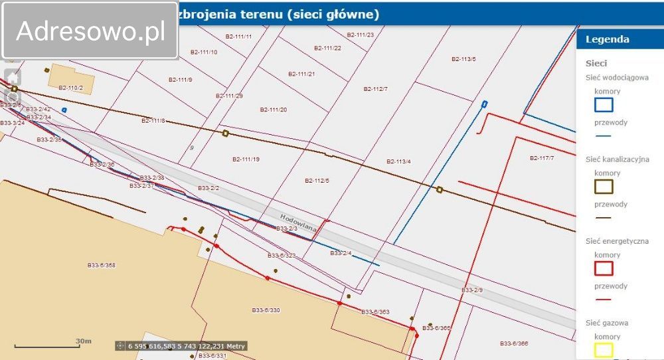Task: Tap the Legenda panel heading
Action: pyautogui.click(x=607, y=39)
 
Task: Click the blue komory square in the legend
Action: pyautogui.click(x=604, y=104)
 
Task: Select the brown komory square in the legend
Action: pyautogui.click(x=604, y=187)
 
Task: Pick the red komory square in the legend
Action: pyautogui.click(x=604, y=268)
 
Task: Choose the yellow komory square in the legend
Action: pyautogui.click(x=604, y=349)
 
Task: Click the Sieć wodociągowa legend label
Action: pyautogui.click(x=617, y=78)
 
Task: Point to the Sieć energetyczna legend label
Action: pyautogui.click(x=617, y=241)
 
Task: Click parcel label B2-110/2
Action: pyautogui.click(x=70, y=88)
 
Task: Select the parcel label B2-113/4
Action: pyautogui.click(x=398, y=161)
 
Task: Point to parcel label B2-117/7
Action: pyautogui.click(x=542, y=158)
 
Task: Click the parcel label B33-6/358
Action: pyautogui.click(x=101, y=265)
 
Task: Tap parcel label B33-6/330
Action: pyautogui.click(x=266, y=310)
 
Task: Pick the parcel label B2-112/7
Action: pyautogui.click(x=375, y=89)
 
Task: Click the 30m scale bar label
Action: pyautogui.click(x=83, y=341)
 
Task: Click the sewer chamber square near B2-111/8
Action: pyautogui.click(x=225, y=134)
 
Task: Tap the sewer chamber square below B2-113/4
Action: pyautogui.click(x=439, y=190)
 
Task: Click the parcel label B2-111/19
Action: pyautogui.click(x=246, y=159)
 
